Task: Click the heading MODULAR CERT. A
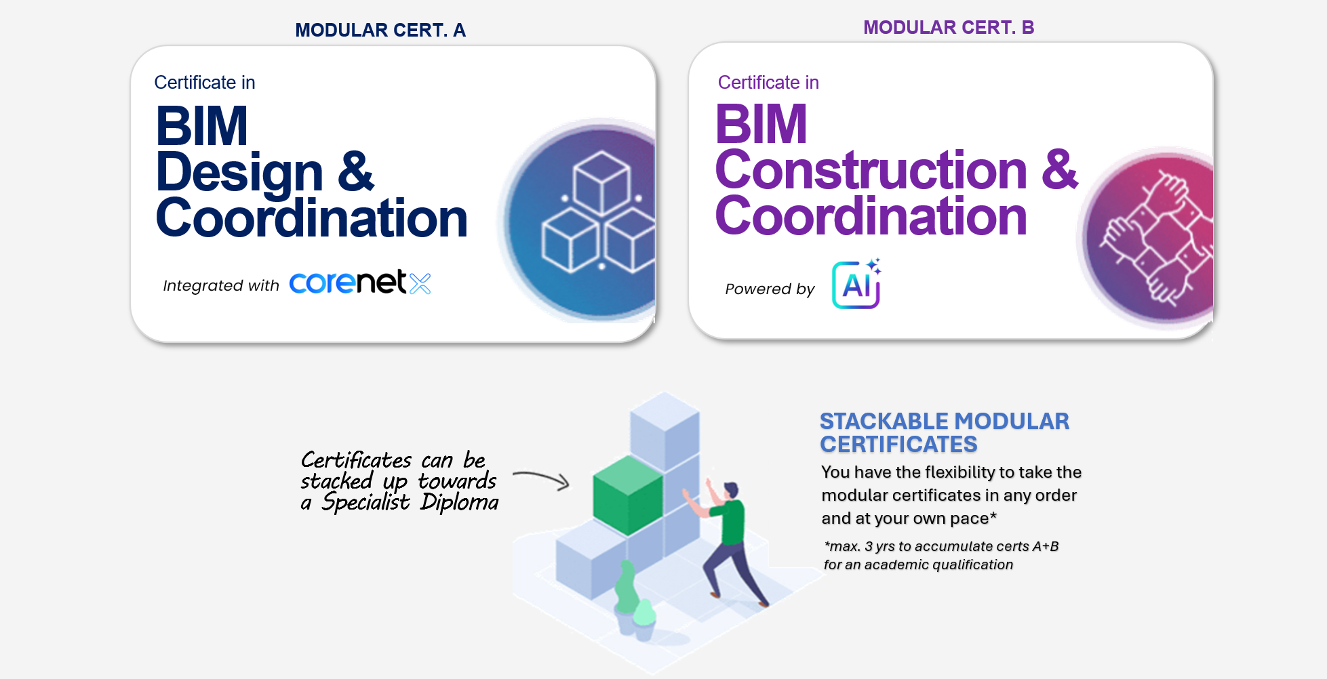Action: (380, 30)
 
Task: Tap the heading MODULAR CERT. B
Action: (949, 27)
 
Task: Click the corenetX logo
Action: (360, 283)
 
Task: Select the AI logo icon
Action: (856, 284)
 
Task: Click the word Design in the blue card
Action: (239, 173)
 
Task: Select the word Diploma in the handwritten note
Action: (459, 502)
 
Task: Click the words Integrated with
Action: (221, 285)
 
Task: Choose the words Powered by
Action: (770, 289)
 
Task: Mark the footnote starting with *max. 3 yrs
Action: (941, 556)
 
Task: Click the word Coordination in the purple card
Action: (871, 216)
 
